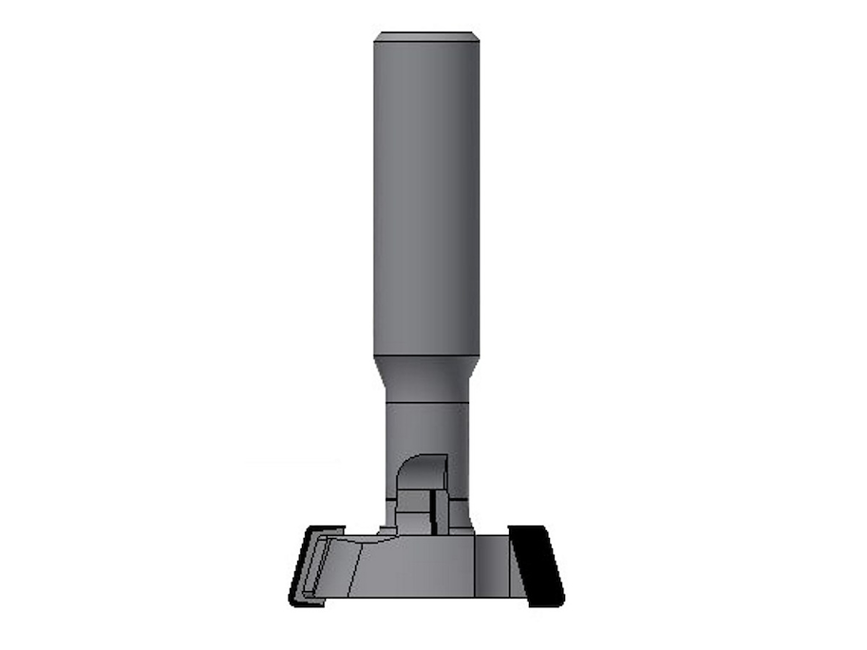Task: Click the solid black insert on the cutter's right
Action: click(537, 564)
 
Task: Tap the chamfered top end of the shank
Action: click(426, 36)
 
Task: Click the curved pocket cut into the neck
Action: click(420, 472)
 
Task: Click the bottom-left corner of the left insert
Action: click(291, 602)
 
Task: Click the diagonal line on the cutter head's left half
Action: click(356, 570)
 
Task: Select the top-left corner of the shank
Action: click(375, 34)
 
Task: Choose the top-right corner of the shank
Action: click(478, 34)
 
